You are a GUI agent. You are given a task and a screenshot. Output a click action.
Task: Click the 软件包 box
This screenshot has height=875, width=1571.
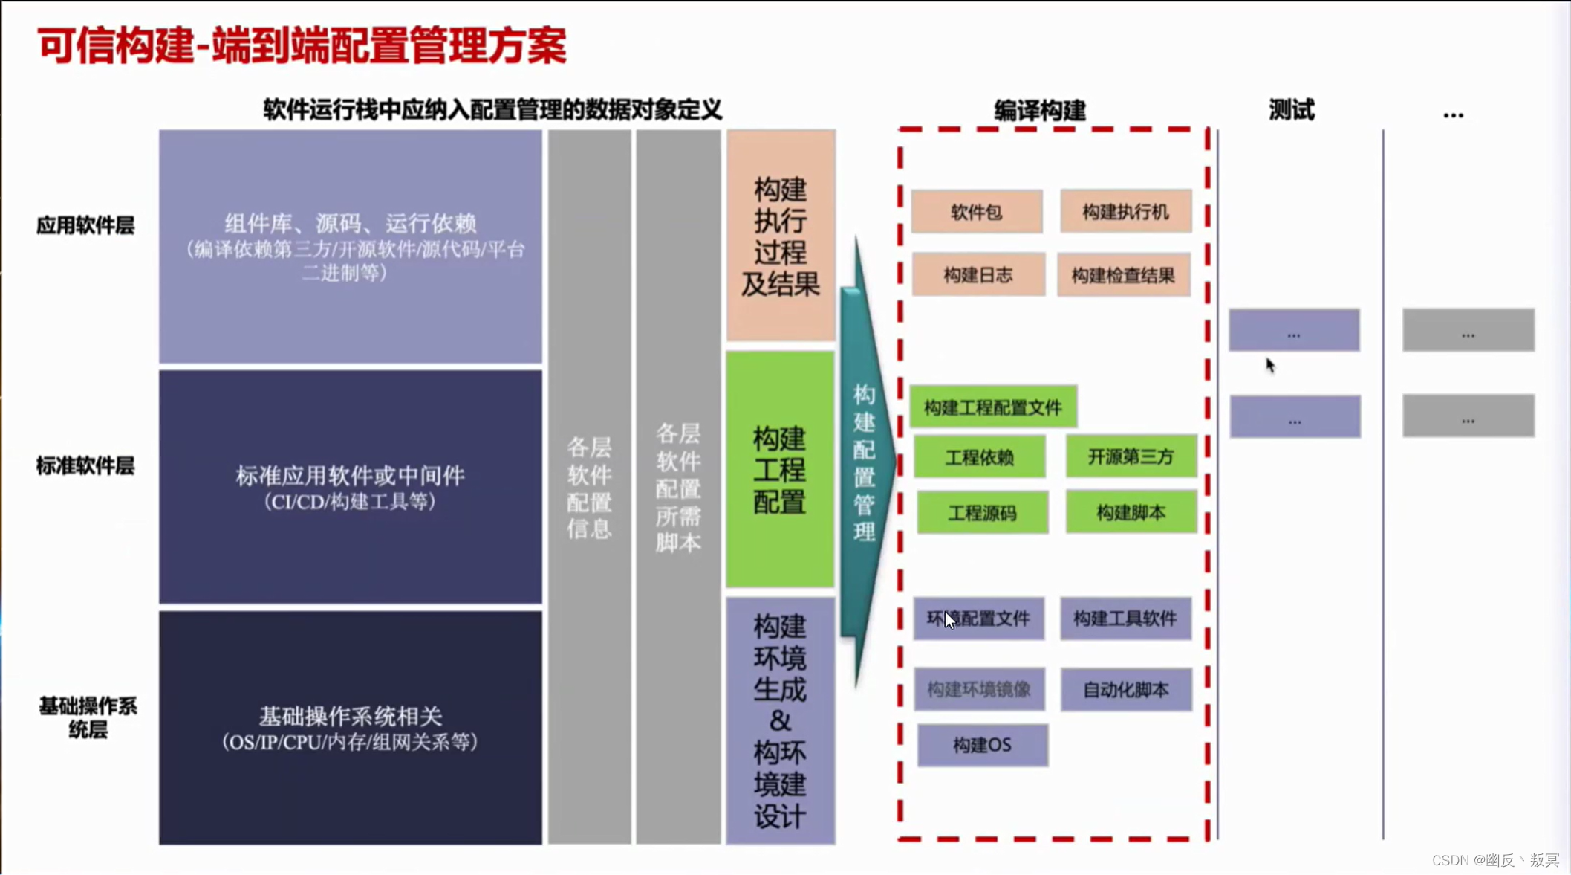tap(976, 212)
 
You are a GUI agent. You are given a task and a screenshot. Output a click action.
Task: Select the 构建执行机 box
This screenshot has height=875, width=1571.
tap(1125, 212)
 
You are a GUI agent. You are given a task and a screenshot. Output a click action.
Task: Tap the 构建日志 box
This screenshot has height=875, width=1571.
tap(978, 275)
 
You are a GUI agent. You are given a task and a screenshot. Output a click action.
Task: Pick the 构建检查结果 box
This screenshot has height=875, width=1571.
tap(1123, 276)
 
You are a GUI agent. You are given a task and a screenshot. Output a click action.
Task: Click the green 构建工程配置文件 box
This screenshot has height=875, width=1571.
tap(993, 407)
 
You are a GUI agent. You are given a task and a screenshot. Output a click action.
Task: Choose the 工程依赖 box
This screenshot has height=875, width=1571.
tap(979, 456)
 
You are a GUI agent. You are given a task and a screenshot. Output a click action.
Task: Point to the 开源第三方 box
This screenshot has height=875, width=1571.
tap(1131, 456)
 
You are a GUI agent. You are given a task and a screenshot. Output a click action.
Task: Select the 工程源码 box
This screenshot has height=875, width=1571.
tap(982, 512)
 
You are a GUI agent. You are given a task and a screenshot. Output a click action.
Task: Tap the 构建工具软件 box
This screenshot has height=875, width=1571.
tap(1125, 618)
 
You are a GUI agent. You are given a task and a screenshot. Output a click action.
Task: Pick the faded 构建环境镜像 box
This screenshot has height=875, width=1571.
tap(979, 689)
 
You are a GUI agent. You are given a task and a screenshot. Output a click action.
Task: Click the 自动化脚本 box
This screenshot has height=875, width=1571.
tap(1125, 689)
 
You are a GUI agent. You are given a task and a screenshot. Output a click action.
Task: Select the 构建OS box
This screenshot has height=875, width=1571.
tap(982, 745)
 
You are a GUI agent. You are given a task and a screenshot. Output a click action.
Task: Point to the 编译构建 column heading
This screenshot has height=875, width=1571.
tap(1039, 111)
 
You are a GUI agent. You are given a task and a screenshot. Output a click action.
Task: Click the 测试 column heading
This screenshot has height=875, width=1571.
tap(1291, 110)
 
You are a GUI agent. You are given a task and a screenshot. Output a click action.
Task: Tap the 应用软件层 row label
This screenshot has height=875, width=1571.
tap(85, 225)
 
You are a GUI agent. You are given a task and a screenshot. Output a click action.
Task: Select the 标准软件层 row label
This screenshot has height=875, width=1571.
tap(85, 466)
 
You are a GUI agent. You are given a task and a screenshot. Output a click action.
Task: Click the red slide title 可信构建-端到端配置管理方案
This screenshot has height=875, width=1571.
tap(302, 45)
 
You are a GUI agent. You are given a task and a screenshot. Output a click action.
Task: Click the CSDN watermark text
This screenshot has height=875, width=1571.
tap(1495, 860)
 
